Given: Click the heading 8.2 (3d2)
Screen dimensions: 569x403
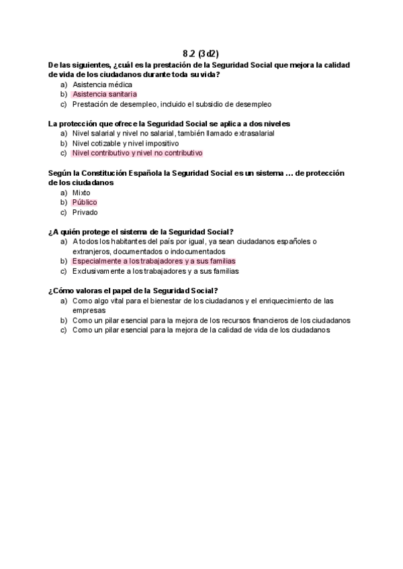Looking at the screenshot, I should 201,53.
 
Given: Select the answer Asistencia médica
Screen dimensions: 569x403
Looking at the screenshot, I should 102,85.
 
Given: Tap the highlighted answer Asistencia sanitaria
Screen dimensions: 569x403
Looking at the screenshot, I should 104,95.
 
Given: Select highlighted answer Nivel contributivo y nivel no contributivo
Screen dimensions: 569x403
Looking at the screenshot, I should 137,153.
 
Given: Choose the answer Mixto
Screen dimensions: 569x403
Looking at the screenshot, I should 81,193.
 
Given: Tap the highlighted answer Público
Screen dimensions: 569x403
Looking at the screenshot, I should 85,202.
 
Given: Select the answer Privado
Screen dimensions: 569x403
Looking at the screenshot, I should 85,212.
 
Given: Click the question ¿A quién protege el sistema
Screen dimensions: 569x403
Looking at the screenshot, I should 140,231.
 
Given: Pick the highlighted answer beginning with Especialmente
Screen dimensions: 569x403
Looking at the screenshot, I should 154,261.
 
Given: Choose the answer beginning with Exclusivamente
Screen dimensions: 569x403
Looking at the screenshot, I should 155,271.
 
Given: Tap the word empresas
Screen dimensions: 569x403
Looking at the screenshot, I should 88,311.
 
